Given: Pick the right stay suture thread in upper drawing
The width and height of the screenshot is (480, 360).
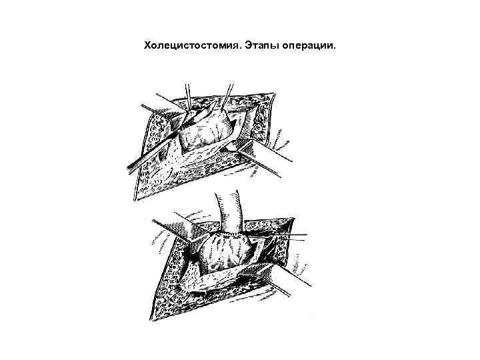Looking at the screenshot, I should (x=229, y=93).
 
